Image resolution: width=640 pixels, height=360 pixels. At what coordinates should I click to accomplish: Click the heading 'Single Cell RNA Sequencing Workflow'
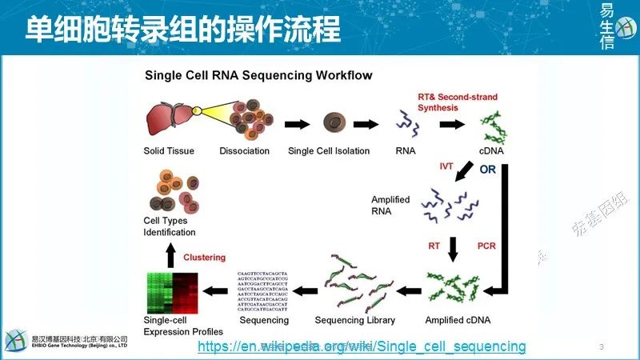pyautogui.click(x=258, y=76)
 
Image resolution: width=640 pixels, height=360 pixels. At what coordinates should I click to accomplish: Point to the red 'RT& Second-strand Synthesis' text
pyautogui.click(x=457, y=102)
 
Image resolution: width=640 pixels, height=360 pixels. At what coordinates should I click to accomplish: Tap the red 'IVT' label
pyautogui.click(x=446, y=166)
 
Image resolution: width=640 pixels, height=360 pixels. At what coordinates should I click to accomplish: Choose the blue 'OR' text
pyautogui.click(x=487, y=170)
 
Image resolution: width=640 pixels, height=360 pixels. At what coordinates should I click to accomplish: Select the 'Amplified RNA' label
pyautogui.click(x=390, y=205)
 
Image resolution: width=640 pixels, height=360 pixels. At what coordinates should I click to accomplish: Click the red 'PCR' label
pyautogui.click(x=487, y=245)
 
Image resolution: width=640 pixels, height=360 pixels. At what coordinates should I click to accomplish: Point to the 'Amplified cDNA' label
pyautogui.click(x=458, y=320)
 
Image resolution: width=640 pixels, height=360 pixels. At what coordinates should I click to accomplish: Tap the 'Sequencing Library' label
pyautogui.click(x=354, y=320)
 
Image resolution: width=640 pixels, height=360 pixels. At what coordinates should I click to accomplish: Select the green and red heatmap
pyautogui.click(x=173, y=293)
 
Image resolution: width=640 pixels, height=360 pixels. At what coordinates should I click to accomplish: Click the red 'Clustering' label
pyautogui.click(x=205, y=258)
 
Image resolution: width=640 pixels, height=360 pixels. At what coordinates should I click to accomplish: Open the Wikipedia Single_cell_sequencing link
pyautogui.click(x=362, y=346)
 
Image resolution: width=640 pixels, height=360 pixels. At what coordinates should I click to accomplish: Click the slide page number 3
pyautogui.click(x=601, y=346)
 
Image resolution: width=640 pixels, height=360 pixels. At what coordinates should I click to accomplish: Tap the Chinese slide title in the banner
pyautogui.click(x=182, y=30)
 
